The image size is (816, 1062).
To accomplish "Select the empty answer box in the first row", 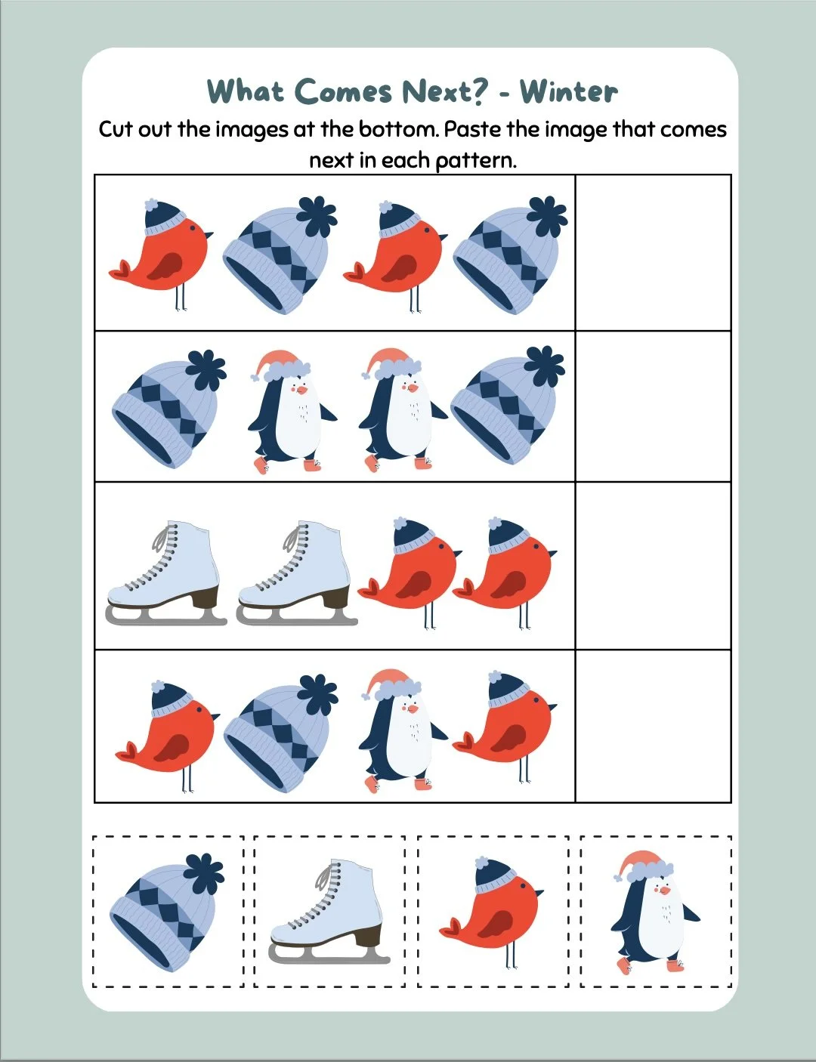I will [653, 252].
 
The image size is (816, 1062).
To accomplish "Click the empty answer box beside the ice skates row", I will [653, 565].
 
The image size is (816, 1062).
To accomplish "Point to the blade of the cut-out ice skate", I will [329, 955].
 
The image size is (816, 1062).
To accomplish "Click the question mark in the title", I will [477, 91].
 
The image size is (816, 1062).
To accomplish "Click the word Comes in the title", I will [344, 91].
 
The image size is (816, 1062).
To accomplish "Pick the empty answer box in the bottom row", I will [653, 726].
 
